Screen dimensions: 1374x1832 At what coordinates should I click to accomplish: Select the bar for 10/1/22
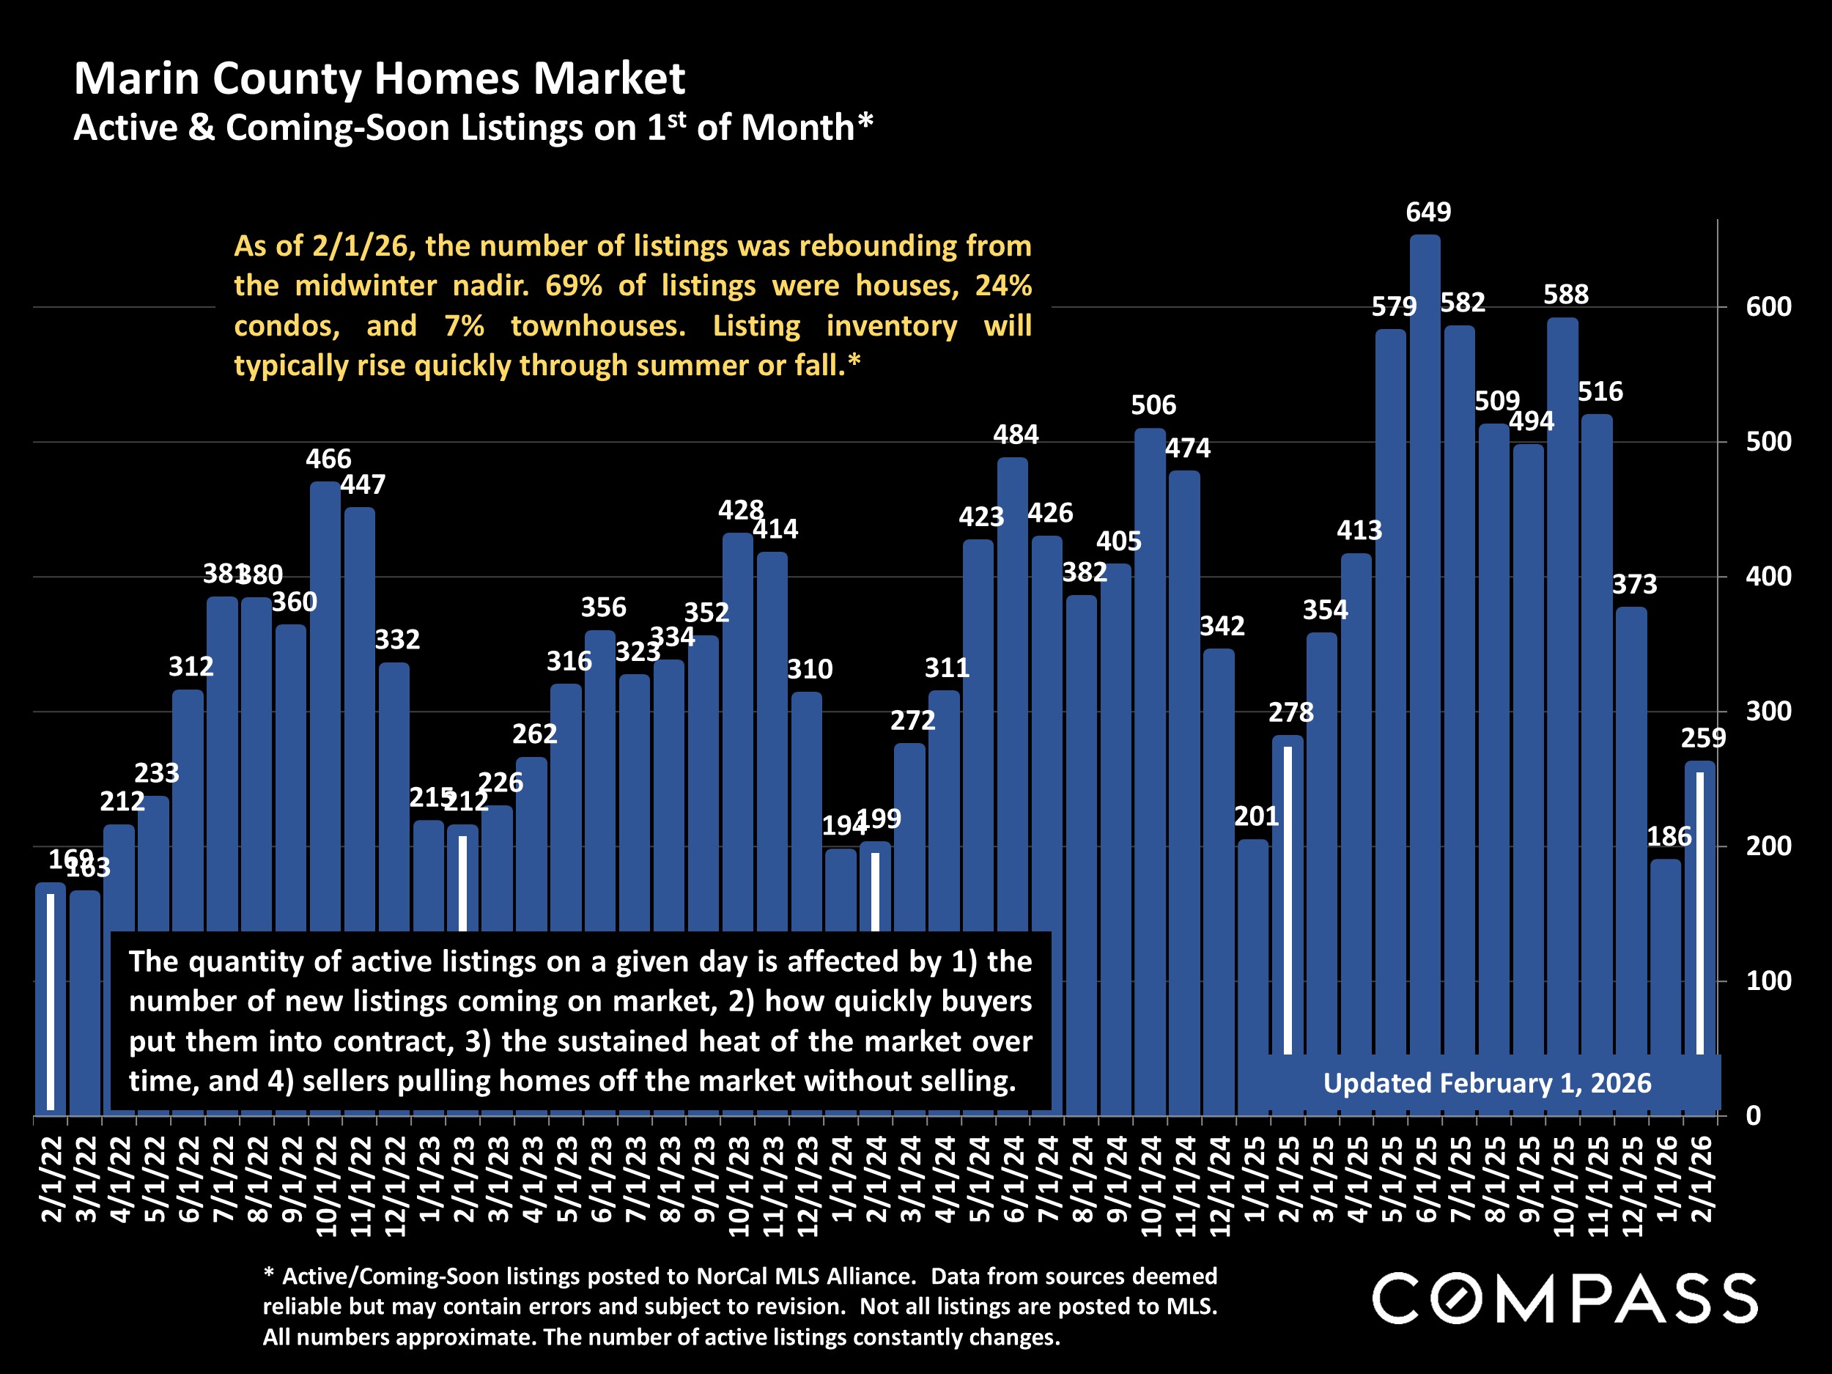[x=325, y=704]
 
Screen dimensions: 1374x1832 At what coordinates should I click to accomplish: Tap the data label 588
[x=1565, y=294]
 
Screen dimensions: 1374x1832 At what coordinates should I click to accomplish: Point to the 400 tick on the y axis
[x=1768, y=577]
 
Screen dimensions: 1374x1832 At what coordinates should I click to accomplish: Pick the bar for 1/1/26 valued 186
[x=1666, y=986]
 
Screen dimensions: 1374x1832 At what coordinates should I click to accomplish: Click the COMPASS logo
[x=1565, y=1299]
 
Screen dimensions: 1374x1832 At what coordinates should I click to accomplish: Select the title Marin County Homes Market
[x=380, y=78]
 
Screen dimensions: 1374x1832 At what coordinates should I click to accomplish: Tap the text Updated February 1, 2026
[x=1487, y=1083]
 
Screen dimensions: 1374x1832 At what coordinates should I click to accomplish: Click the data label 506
[x=1153, y=405]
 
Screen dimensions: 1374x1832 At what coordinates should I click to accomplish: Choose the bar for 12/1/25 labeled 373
[x=1630, y=828]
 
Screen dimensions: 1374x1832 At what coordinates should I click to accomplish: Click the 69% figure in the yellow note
[x=573, y=286]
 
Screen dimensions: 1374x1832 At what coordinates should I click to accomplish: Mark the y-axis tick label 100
[x=1768, y=981]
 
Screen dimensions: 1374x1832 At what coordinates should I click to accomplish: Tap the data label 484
[x=1016, y=434]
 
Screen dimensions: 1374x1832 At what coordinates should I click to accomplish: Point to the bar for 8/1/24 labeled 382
[x=1081, y=853]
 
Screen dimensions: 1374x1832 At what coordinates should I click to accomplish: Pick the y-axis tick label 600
[x=1768, y=307]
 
